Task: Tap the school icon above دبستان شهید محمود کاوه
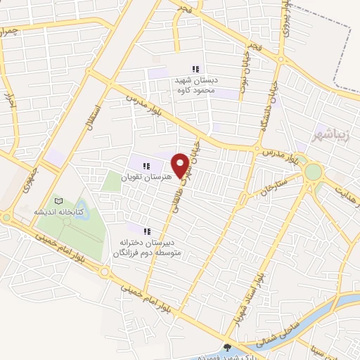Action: point(195,69)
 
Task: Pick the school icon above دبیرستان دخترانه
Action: point(147,231)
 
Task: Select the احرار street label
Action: point(11,105)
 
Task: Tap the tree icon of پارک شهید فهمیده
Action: point(226,347)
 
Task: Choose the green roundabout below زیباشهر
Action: point(313,172)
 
